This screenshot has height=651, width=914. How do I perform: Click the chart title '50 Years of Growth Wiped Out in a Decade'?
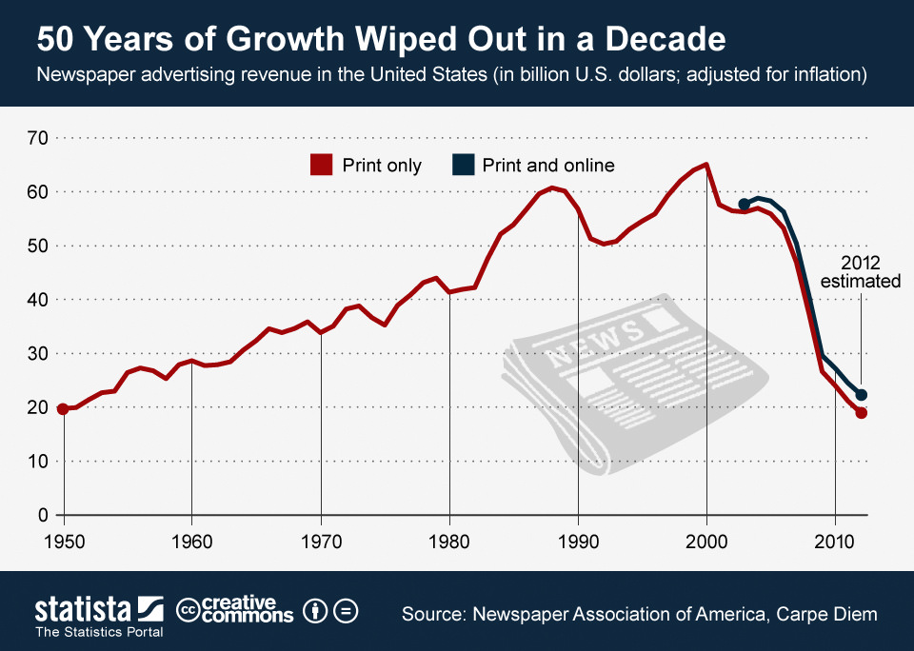[x=381, y=40]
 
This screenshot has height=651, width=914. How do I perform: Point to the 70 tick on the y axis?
[x=37, y=138]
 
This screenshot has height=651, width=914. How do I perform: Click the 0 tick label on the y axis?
[x=43, y=515]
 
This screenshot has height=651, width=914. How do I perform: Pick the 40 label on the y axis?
[x=37, y=300]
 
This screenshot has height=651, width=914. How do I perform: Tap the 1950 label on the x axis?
[x=64, y=540]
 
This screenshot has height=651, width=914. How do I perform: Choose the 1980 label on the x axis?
[x=449, y=540]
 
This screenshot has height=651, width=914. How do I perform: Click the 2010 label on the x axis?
[x=835, y=540]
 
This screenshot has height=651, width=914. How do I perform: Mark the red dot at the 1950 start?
[x=63, y=408]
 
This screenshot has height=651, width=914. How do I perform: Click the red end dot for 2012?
[x=861, y=412]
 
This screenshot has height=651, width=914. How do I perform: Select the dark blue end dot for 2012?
[x=861, y=394]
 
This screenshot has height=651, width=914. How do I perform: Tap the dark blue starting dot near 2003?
[x=745, y=204]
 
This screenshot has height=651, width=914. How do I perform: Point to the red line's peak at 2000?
[x=705, y=165]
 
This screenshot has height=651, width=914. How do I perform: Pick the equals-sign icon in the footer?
[x=347, y=611]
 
